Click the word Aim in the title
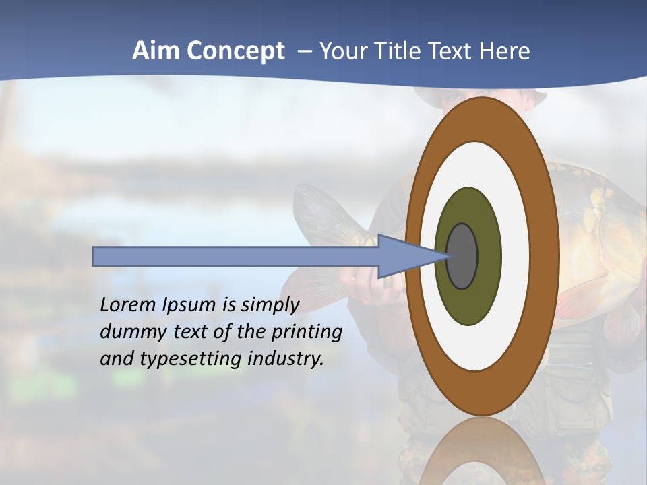[x=156, y=51]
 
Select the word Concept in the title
[x=235, y=51]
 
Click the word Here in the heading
[x=504, y=51]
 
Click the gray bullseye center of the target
[x=462, y=256]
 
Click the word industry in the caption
[x=285, y=359]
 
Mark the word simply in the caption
[x=270, y=305]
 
